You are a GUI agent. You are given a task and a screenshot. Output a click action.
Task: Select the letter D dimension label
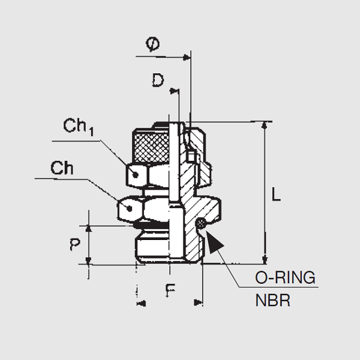pos(158,80)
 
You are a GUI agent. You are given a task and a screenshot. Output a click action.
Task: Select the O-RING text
pos(285,278)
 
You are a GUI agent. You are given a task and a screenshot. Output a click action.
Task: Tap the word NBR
pos(272,299)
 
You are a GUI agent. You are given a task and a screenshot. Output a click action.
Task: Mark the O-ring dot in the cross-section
pos(202,224)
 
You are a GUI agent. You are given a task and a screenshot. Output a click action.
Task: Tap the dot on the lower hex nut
pos(128,209)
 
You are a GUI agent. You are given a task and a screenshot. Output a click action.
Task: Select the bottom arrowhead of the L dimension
pos(265,259)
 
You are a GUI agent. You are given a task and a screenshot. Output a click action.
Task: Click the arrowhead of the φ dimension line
pos(187,58)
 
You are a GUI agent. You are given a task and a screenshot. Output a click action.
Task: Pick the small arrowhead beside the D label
pos(176,91)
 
